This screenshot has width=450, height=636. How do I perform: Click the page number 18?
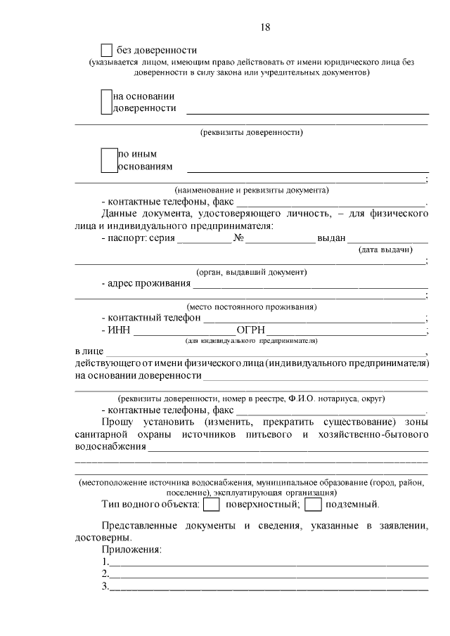pos(265,27)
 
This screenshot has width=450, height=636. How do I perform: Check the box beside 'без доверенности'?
pos(107,51)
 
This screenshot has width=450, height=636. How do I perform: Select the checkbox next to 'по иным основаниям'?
pos(108,160)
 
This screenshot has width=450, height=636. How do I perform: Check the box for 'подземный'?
pos(314,505)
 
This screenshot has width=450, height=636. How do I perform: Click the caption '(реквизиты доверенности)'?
pos(252,131)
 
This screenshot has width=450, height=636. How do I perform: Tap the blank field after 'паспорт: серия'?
pos(205,239)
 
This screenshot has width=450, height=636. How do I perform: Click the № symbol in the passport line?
pos(238,238)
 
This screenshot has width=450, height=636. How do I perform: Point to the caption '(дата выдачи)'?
pos(385,249)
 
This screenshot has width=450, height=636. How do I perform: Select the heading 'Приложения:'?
pos(131,549)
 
